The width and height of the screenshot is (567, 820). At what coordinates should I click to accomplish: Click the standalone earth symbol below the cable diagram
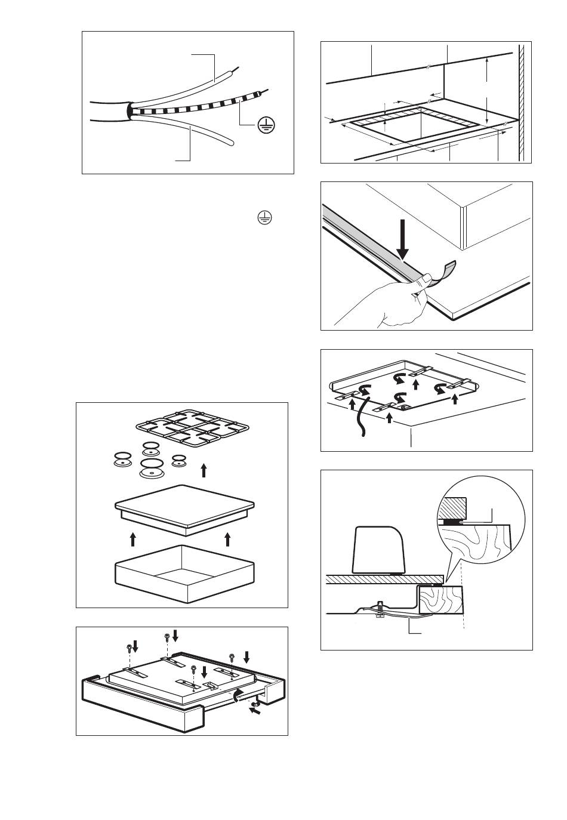pos(265,218)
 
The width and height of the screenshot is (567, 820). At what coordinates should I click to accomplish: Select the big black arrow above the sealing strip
pos(404,239)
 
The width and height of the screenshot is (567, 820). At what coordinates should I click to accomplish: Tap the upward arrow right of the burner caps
pos(204,470)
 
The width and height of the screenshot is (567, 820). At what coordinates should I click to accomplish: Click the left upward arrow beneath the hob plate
pos(133,540)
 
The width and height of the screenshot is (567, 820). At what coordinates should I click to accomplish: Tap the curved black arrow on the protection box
pos(238,694)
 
